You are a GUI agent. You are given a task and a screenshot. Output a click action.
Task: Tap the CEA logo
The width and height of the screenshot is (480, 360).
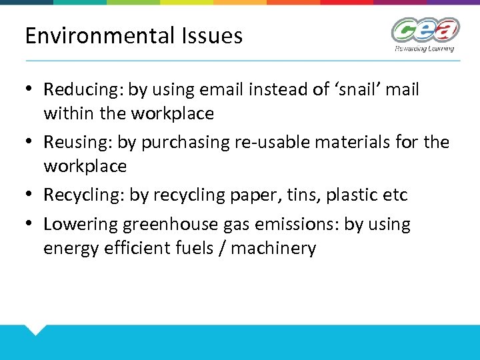point(425,29)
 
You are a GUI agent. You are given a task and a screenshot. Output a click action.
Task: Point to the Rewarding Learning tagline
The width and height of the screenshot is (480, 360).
point(424,49)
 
